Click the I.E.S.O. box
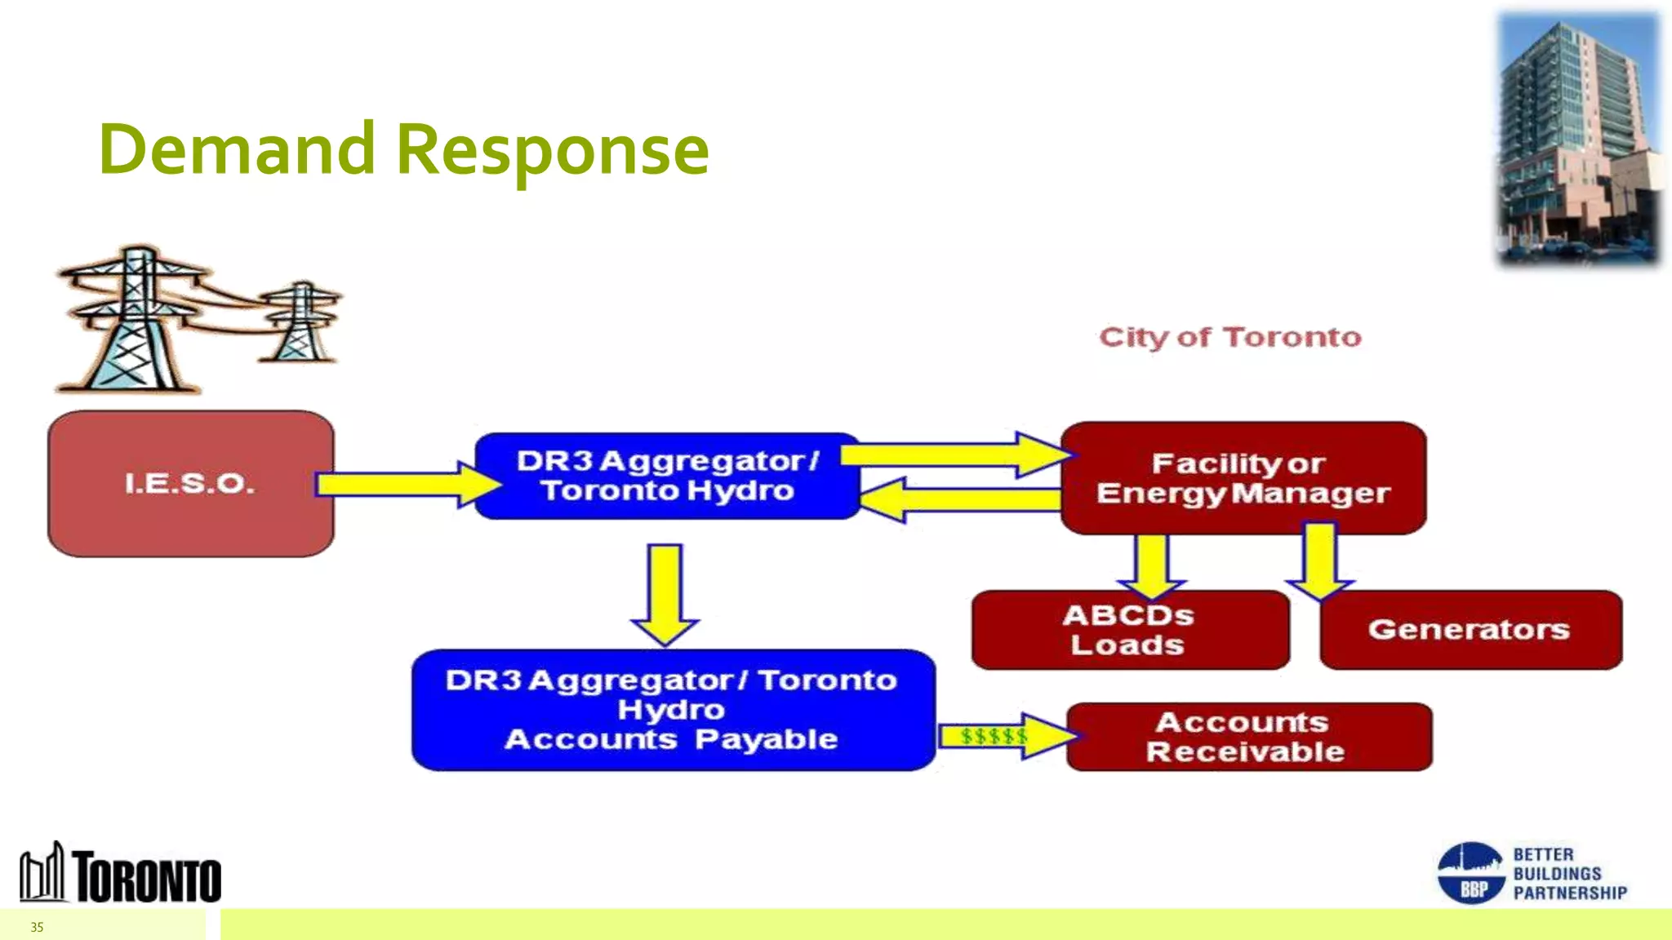[190, 484]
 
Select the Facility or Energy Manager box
[1243, 478]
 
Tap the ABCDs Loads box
[1129, 630]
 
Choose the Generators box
[1470, 630]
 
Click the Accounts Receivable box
[1247, 737]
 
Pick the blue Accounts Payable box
[672, 710]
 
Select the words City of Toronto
[1230, 337]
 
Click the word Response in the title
[553, 150]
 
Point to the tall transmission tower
[135, 322]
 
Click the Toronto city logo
[121, 873]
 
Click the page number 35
[37, 927]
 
